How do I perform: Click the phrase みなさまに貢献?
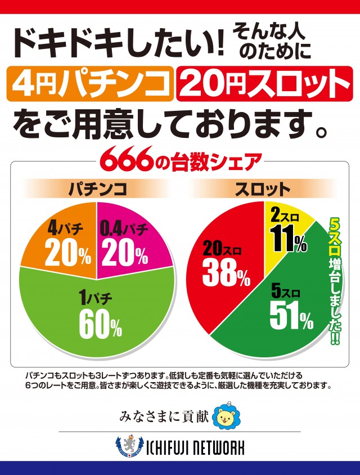[164, 417]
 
